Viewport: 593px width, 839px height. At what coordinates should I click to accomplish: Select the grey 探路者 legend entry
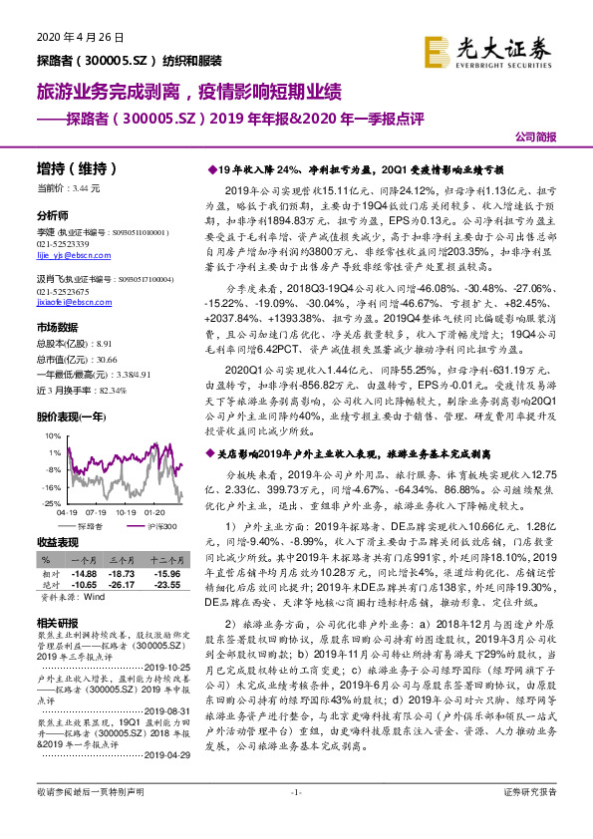click(x=89, y=526)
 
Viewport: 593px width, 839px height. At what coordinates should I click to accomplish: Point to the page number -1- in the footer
click(x=295, y=819)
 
